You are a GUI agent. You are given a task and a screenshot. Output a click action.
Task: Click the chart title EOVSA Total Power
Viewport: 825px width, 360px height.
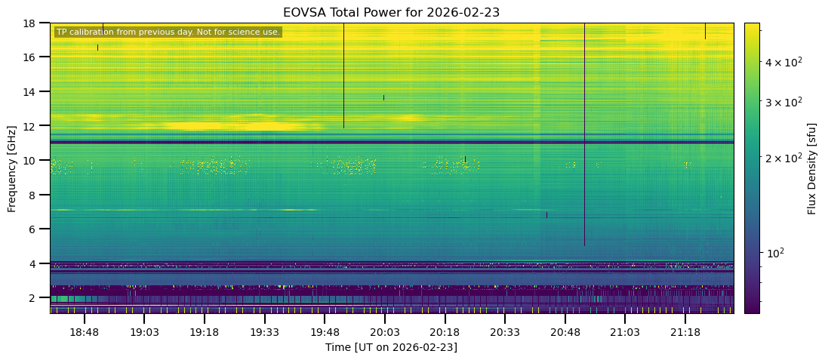391,12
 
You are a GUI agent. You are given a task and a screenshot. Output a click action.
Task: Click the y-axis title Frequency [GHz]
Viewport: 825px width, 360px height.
12,168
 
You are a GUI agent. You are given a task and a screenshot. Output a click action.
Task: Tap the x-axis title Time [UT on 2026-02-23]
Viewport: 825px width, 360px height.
391,347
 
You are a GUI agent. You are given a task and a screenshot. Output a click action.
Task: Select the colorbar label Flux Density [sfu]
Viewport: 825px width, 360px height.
812,168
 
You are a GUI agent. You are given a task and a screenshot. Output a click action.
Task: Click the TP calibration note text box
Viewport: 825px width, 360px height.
168,32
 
